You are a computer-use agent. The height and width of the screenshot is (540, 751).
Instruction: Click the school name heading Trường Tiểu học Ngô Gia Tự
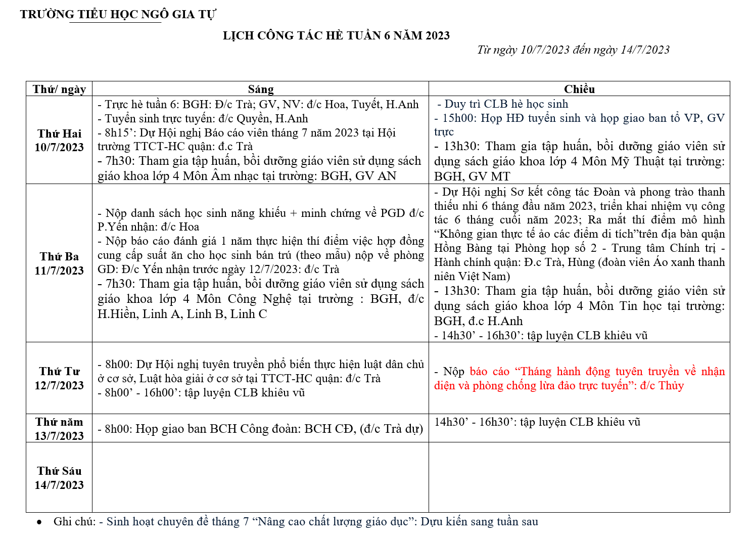(118, 14)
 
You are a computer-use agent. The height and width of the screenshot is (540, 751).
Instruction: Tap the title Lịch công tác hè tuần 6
(336, 35)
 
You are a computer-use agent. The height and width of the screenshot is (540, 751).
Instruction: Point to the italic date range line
(573, 50)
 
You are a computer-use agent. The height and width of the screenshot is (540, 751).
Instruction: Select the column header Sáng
(261, 89)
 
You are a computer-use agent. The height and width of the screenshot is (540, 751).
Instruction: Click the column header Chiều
(579, 89)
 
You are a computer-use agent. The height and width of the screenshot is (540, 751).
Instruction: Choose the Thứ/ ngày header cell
(59, 89)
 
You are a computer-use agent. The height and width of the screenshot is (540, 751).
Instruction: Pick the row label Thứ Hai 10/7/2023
(59, 141)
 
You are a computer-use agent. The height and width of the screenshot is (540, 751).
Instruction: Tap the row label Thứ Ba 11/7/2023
(59, 263)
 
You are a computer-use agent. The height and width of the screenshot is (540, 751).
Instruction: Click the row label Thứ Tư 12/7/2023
(59, 378)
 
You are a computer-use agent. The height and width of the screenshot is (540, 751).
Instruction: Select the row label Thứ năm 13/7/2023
(59, 429)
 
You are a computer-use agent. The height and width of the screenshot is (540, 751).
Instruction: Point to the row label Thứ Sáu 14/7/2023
(59, 478)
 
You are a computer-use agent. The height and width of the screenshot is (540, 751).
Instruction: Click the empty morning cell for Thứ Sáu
(260, 477)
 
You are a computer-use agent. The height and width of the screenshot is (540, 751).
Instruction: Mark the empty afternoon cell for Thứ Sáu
(579, 477)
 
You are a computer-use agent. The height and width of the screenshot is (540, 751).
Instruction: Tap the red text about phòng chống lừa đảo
(579, 378)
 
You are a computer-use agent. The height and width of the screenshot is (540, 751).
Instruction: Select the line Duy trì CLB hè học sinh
(506, 104)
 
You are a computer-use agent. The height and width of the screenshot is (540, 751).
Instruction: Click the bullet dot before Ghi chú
(39, 522)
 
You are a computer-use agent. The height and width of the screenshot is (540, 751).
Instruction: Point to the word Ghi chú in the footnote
(74, 522)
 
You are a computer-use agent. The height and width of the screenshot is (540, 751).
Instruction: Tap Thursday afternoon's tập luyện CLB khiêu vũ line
(537, 422)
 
